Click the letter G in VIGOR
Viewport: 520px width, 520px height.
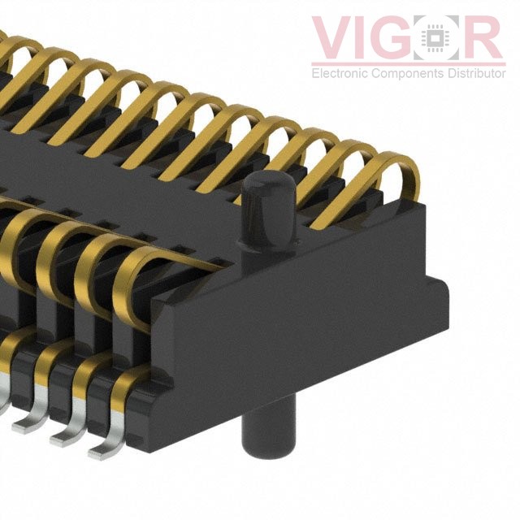(392, 37)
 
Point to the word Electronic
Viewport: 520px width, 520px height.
(340, 72)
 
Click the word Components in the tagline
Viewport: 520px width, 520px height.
(408, 73)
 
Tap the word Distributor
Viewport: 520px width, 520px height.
(477, 72)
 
